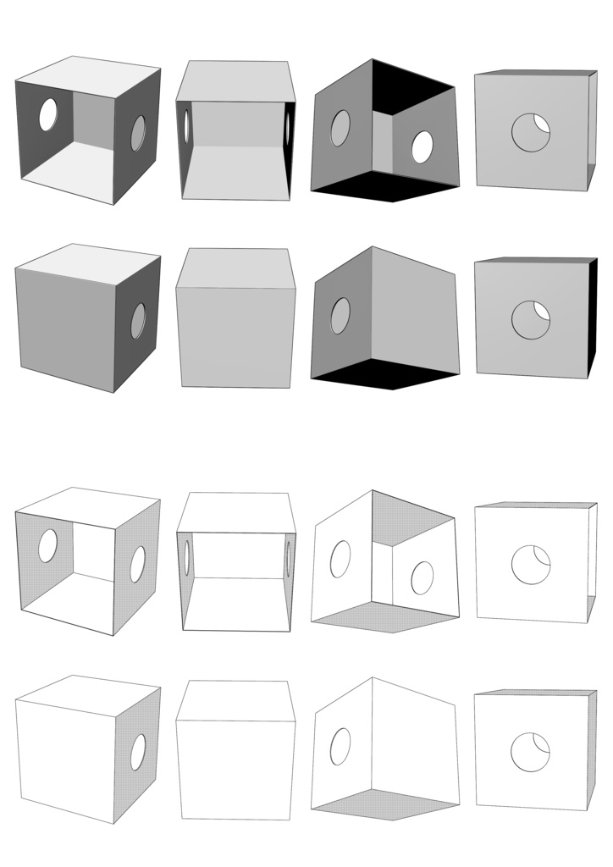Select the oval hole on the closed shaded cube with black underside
pyautogui.click(x=340, y=316)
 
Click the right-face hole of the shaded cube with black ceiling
pyautogui.click(x=421, y=147)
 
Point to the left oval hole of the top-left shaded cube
pyautogui.click(x=48, y=115)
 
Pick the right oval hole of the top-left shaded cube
pyautogui.click(x=138, y=134)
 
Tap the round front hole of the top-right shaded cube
pyautogui.click(x=530, y=133)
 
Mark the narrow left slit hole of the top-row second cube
pyautogui.click(x=186, y=126)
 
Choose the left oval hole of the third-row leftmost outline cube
pyautogui.click(x=48, y=546)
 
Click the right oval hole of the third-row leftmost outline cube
pyautogui.click(x=138, y=565)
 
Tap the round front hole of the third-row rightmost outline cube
pyautogui.click(x=530, y=565)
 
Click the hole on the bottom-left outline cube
pyautogui.click(x=138, y=753)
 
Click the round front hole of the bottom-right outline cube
pyautogui.click(x=530, y=753)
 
